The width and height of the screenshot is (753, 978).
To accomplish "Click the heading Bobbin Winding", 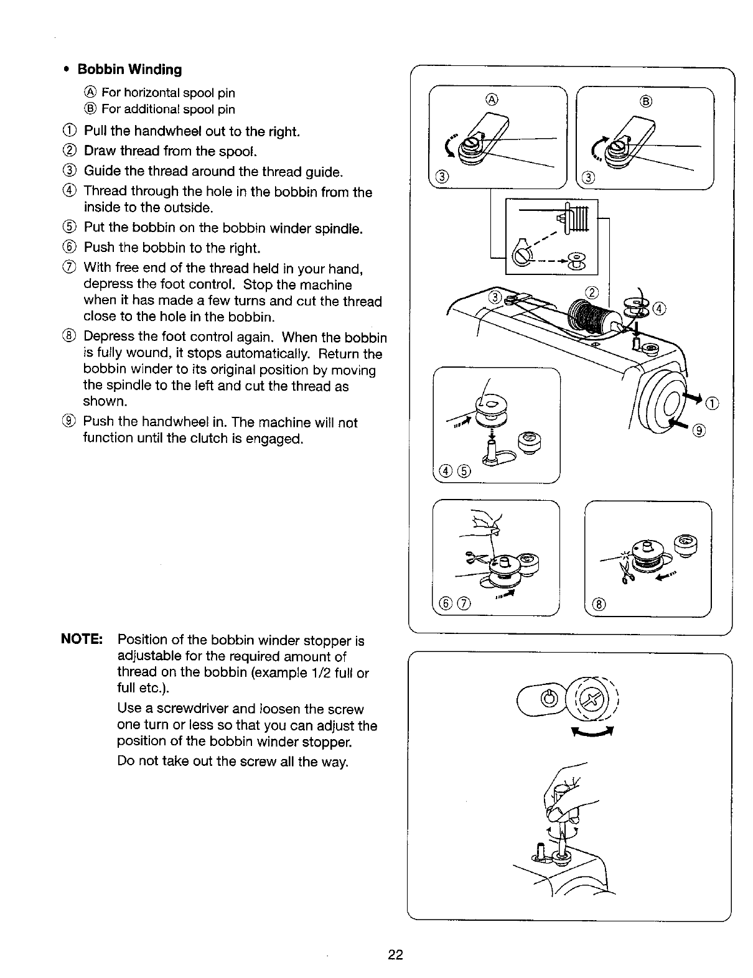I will [x=129, y=70].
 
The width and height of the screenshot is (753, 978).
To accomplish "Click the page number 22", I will [x=396, y=954].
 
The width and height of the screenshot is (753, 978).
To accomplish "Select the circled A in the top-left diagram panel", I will [x=492, y=99].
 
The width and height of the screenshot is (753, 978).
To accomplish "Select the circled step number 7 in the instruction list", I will [x=71, y=269].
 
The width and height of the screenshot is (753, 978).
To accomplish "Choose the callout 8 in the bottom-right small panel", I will [x=599, y=604].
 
